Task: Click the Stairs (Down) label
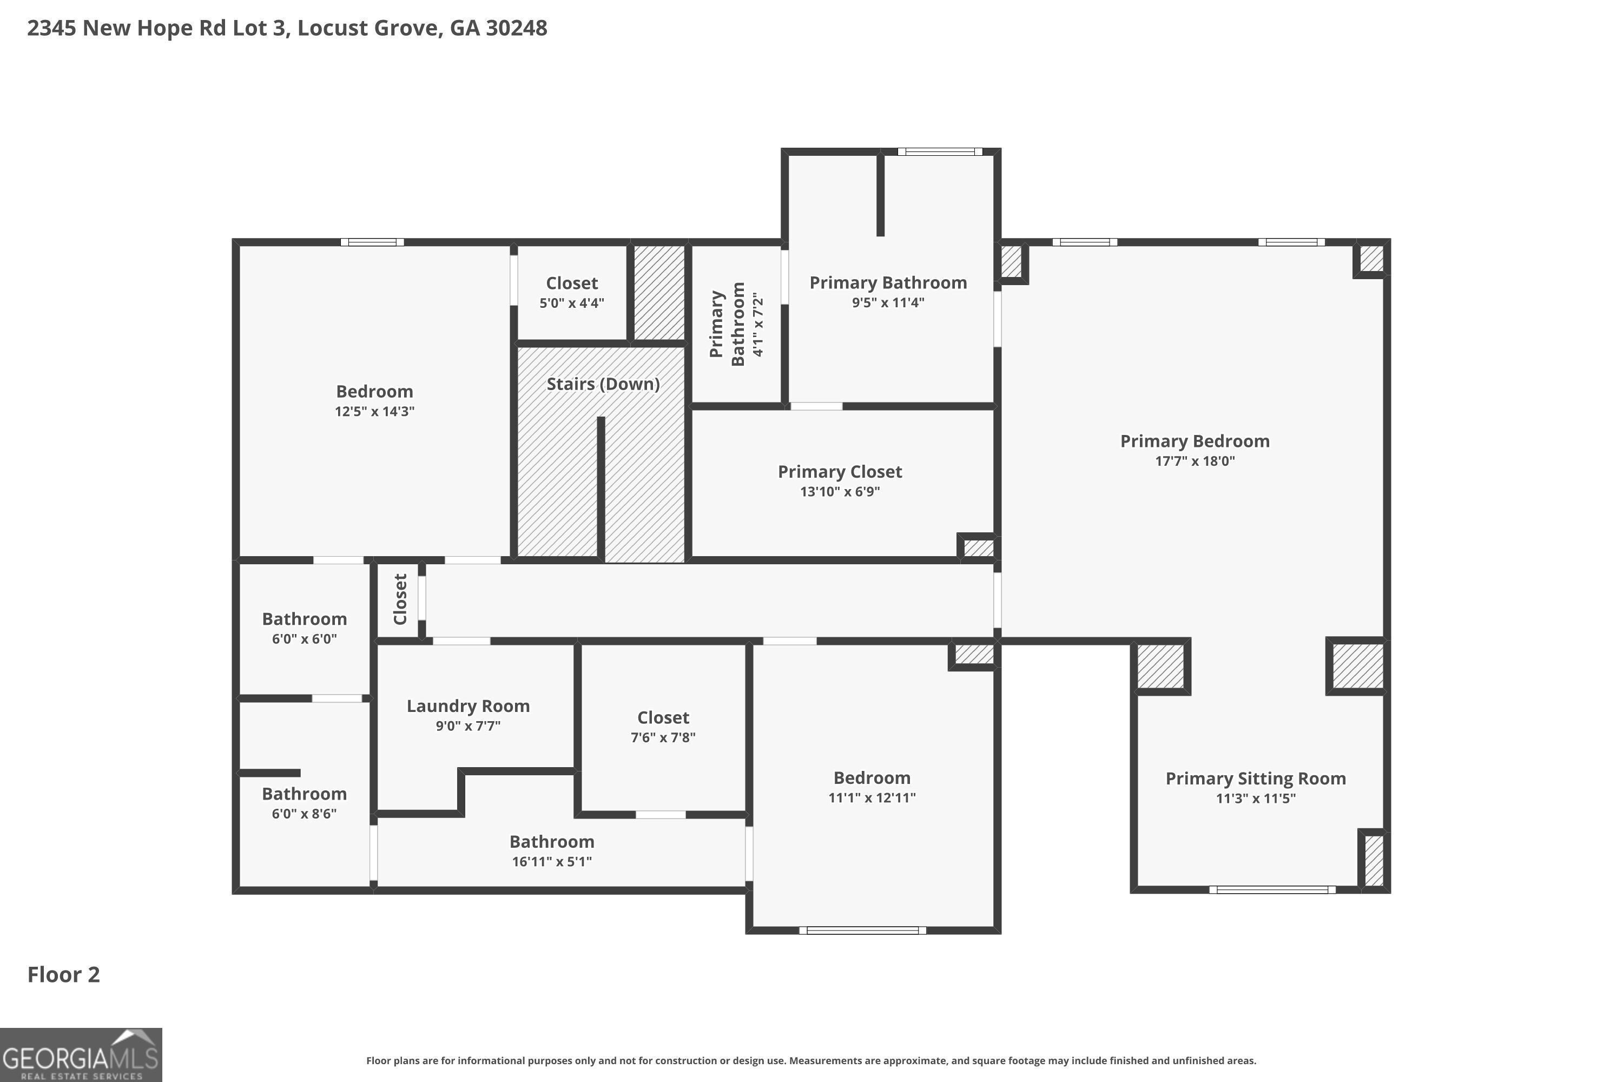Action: (x=603, y=384)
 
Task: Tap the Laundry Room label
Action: (x=468, y=706)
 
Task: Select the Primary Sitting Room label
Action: (x=1256, y=778)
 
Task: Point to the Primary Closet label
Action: (x=840, y=472)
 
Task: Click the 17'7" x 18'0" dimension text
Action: (x=1195, y=461)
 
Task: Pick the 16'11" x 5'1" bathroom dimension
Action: (x=552, y=861)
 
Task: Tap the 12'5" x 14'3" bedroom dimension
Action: (x=375, y=411)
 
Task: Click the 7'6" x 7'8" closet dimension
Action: (x=663, y=737)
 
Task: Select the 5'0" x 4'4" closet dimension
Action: (x=572, y=303)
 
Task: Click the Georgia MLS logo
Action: (x=81, y=1054)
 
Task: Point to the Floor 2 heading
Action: (x=63, y=974)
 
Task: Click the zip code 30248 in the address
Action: (x=516, y=28)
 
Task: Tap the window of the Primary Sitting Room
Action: (x=1272, y=889)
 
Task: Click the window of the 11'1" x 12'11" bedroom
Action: (x=862, y=930)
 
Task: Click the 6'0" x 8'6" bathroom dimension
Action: (x=304, y=814)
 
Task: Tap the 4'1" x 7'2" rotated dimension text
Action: (x=758, y=324)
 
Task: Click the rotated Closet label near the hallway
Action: (x=400, y=599)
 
